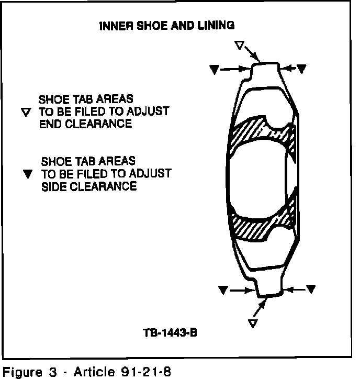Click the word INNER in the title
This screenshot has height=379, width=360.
coord(113,26)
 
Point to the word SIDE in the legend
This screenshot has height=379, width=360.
coord(52,186)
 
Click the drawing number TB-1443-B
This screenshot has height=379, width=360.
coord(169,332)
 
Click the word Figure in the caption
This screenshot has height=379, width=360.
coord(19,372)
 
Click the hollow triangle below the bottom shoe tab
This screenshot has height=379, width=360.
coord(253,323)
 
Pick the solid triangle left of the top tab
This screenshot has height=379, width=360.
coord(213,69)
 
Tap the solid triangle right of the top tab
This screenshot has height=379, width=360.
coord(302,69)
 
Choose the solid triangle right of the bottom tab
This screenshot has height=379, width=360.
coord(311,288)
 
